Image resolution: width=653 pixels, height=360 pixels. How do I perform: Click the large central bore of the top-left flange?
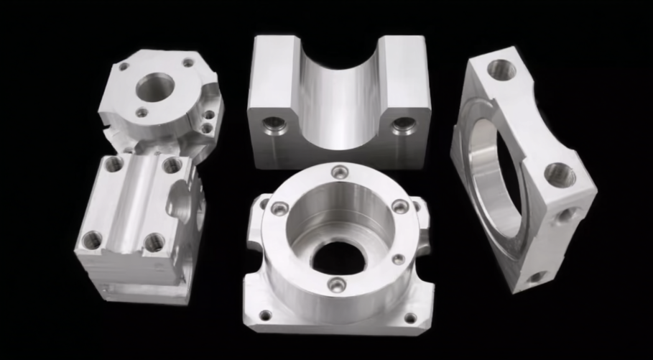tap(155, 88)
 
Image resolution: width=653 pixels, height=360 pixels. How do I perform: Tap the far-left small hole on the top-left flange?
tap(124, 67)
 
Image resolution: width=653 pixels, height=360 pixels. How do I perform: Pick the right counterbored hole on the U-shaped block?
tap(402, 126)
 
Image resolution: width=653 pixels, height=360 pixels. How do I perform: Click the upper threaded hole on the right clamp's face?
tap(501, 70)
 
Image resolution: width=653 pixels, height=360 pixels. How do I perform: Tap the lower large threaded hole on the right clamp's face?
tap(559, 175)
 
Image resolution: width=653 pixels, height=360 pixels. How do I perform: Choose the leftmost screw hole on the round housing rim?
tap(279, 208)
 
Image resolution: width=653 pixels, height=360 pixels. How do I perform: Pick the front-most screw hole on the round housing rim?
tap(336, 285)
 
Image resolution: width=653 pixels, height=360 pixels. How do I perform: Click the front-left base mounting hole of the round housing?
tap(265, 315)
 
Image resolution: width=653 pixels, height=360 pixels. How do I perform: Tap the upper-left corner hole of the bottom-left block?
tap(114, 164)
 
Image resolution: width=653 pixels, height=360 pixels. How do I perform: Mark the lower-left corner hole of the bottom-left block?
tap(92, 240)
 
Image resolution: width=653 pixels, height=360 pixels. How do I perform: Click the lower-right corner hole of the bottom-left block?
tap(154, 242)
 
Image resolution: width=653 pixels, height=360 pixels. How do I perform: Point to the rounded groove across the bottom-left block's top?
tap(136, 201)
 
